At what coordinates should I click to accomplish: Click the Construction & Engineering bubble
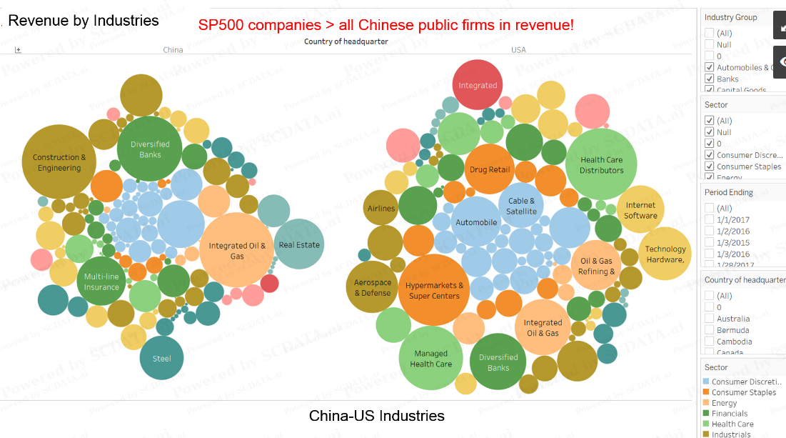pos(59,162)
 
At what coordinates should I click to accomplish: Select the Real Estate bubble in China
pos(299,244)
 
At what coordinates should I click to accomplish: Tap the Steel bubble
pos(161,358)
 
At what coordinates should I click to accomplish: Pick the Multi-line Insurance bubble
pos(101,282)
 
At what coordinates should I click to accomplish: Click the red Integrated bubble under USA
pos(478,85)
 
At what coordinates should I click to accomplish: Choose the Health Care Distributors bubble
pos(601,164)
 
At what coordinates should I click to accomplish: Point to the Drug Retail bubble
pos(490,169)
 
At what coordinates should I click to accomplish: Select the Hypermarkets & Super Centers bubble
pos(434,290)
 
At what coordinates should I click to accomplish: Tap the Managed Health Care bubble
pos(430,358)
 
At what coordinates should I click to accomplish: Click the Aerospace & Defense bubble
pos(372,287)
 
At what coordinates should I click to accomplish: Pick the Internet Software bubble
pos(640,210)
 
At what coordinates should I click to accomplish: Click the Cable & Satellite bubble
pos(522,206)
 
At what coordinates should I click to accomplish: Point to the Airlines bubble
pos(381,209)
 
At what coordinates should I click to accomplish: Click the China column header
pos(173,50)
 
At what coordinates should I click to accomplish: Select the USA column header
pos(518,50)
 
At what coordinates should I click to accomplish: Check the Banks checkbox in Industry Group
pos(709,79)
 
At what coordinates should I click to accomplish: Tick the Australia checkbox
pos(709,319)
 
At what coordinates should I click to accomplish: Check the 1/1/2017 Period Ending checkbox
pos(709,220)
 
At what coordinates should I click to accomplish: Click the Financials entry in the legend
pos(729,414)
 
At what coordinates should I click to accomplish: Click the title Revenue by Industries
pos(84,21)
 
